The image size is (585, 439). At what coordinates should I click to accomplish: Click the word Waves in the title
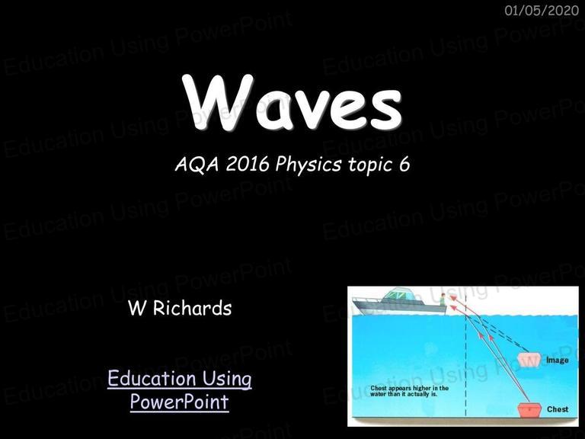(292, 102)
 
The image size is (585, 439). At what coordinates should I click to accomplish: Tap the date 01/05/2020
(542, 11)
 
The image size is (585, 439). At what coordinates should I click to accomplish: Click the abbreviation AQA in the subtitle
(197, 165)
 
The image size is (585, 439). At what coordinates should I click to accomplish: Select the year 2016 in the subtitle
(248, 165)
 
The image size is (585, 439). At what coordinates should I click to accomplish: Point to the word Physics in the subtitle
(308, 165)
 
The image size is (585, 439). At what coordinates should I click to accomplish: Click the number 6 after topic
(404, 165)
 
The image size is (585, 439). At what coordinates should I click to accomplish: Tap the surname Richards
(192, 308)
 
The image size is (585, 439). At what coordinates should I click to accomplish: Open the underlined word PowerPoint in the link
(180, 402)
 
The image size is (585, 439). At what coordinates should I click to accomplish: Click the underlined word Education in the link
(154, 378)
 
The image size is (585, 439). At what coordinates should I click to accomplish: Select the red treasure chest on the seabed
(529, 409)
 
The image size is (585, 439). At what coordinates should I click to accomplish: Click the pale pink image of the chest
(529, 360)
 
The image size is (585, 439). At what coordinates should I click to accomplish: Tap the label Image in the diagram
(558, 360)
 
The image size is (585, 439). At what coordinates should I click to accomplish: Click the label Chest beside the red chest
(558, 409)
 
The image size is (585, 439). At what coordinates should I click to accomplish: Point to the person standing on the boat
(443, 300)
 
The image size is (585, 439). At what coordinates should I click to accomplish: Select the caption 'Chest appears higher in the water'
(409, 391)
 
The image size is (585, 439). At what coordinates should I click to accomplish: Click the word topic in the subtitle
(370, 165)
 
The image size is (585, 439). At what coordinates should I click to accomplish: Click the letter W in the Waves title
(218, 101)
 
